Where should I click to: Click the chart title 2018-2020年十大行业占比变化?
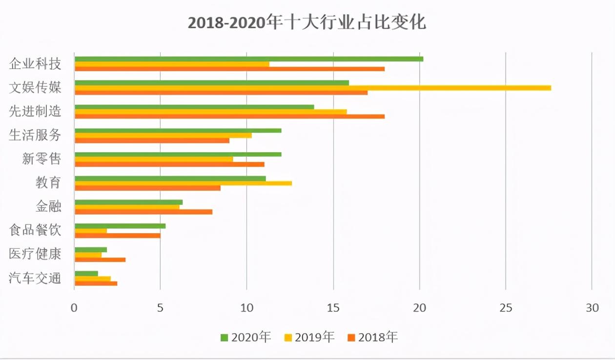pyautogui.click(x=307, y=23)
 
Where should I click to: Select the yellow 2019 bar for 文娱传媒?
pyautogui.click(x=312, y=88)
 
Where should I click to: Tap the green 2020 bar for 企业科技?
pyautogui.click(x=248, y=59)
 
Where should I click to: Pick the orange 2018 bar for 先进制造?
pyautogui.click(x=229, y=117)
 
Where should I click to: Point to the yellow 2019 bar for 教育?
pyautogui.click(x=183, y=183)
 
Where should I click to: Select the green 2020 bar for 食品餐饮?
pyautogui.click(x=120, y=226)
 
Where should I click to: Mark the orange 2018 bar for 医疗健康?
pyautogui.click(x=100, y=260)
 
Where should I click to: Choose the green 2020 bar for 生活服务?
pyautogui.click(x=178, y=130)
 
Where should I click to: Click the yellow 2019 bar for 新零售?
pyautogui.click(x=153, y=159)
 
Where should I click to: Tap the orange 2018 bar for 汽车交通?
pyautogui.click(x=96, y=283)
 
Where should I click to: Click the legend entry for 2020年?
pyautogui.click(x=246, y=337)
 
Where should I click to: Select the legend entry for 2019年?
pyautogui.click(x=309, y=337)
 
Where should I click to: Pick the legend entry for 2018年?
pyautogui.click(x=372, y=337)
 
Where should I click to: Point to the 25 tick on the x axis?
pyautogui.click(x=506, y=308)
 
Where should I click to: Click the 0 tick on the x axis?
pyautogui.click(x=74, y=308)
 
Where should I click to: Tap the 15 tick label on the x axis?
pyautogui.click(x=333, y=308)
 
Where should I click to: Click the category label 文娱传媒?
pyautogui.click(x=35, y=88)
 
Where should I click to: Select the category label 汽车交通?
pyautogui.click(x=35, y=279)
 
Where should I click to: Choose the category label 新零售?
pyautogui.click(x=41, y=159)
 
